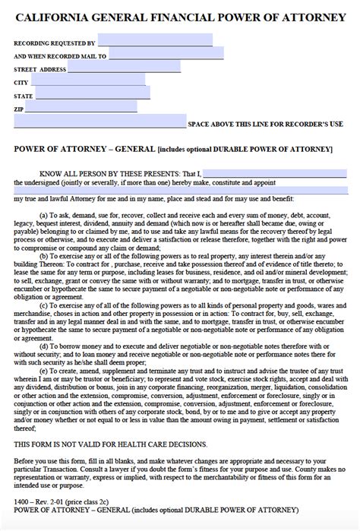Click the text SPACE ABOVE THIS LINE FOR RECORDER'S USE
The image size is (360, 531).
tap(265, 123)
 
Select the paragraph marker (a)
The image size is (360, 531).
tap(44, 215)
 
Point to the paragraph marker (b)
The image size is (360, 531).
tap(44, 255)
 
